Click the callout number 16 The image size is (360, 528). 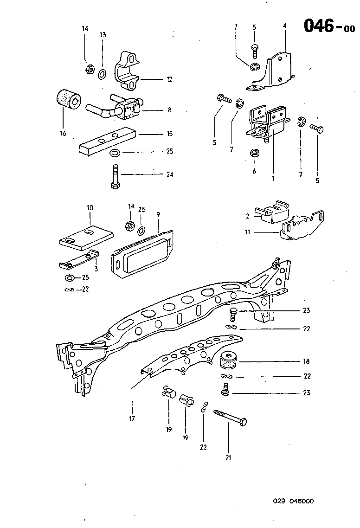pyautogui.click(x=63, y=134)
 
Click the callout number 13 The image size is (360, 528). pyautogui.click(x=103, y=35)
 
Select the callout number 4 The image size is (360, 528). pyautogui.click(x=285, y=26)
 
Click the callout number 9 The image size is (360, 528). pyautogui.click(x=158, y=215)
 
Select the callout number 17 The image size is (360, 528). pyautogui.click(x=132, y=419)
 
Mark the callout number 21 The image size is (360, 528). pyautogui.click(x=228, y=458)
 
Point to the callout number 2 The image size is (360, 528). pyautogui.click(x=248, y=216)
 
